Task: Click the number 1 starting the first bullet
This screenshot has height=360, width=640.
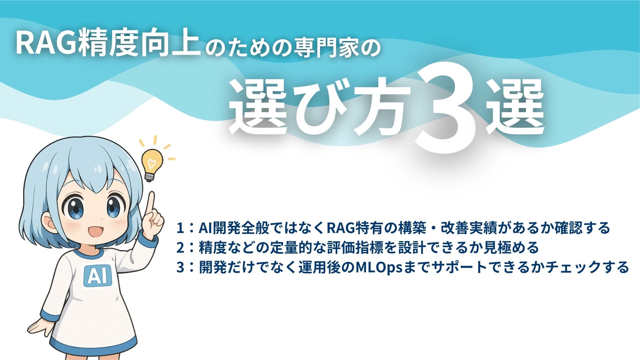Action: [180, 228]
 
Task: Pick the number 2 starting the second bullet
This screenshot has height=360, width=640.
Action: [180, 248]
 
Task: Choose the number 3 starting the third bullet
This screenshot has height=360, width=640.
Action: [180, 267]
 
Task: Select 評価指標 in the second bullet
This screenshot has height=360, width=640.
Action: [350, 248]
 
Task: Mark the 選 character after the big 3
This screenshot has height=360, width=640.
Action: [515, 107]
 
